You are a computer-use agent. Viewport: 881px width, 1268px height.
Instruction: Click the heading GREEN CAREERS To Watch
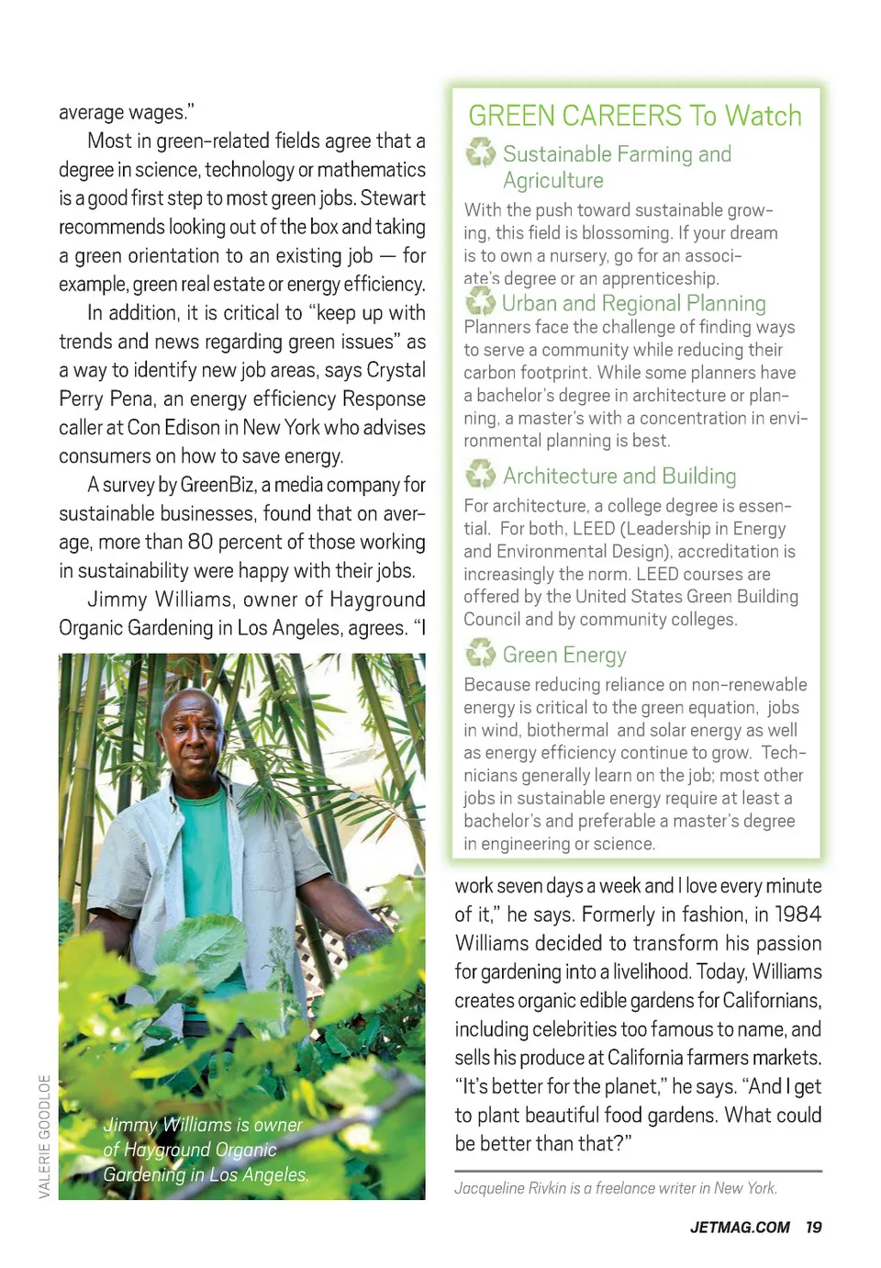tap(635, 116)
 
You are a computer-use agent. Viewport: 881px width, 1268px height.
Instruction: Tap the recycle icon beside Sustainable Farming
tap(481, 152)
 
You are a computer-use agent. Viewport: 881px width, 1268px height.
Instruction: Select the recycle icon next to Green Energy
tap(481, 654)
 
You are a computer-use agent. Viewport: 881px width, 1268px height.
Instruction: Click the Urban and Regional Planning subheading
tap(633, 303)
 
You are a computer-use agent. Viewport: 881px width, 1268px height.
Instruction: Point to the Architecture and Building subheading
tap(619, 476)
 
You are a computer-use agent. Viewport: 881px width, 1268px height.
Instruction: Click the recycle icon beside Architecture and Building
tap(481, 475)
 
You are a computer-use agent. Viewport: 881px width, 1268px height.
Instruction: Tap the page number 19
tap(813, 1228)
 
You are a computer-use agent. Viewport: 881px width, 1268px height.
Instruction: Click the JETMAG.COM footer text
tap(740, 1228)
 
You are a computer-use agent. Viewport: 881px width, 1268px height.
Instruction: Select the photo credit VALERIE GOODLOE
tap(44, 1136)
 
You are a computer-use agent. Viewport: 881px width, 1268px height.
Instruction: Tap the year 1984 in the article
tap(797, 915)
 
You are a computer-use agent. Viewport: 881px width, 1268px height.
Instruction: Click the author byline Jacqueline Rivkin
tap(616, 1188)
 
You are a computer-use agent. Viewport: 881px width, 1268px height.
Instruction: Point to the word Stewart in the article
tap(393, 198)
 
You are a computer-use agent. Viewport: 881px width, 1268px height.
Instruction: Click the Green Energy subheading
tap(564, 655)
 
